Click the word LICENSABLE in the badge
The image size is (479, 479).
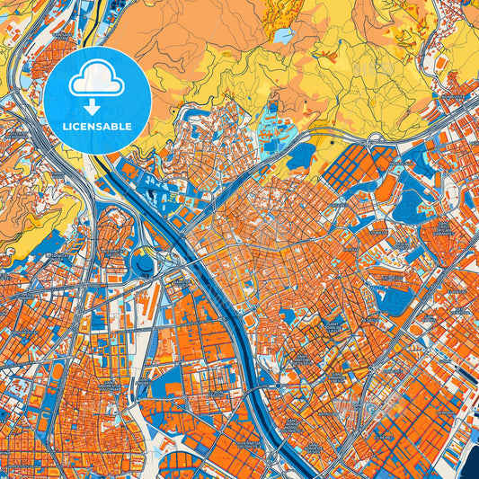pos(97,127)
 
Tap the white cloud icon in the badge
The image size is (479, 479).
pos(96,82)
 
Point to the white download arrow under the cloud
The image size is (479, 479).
pos(96,107)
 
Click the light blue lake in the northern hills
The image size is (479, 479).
pos(283,36)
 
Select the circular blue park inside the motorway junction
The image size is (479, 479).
pos(143,264)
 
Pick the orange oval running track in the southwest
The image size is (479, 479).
pos(58,371)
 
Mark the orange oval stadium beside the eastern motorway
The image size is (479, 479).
pos(386,189)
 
